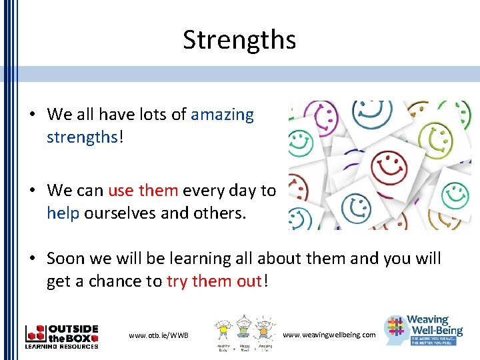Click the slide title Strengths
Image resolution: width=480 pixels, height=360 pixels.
(x=239, y=40)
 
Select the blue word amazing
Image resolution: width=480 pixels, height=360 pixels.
(x=222, y=115)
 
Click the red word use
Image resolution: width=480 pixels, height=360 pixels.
(x=121, y=191)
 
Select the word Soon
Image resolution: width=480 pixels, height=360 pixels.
(x=67, y=259)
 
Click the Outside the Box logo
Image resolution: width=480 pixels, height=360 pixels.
(x=61, y=336)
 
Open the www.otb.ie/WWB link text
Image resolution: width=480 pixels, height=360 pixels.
(x=159, y=335)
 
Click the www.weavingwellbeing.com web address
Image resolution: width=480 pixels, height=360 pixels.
(x=329, y=334)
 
